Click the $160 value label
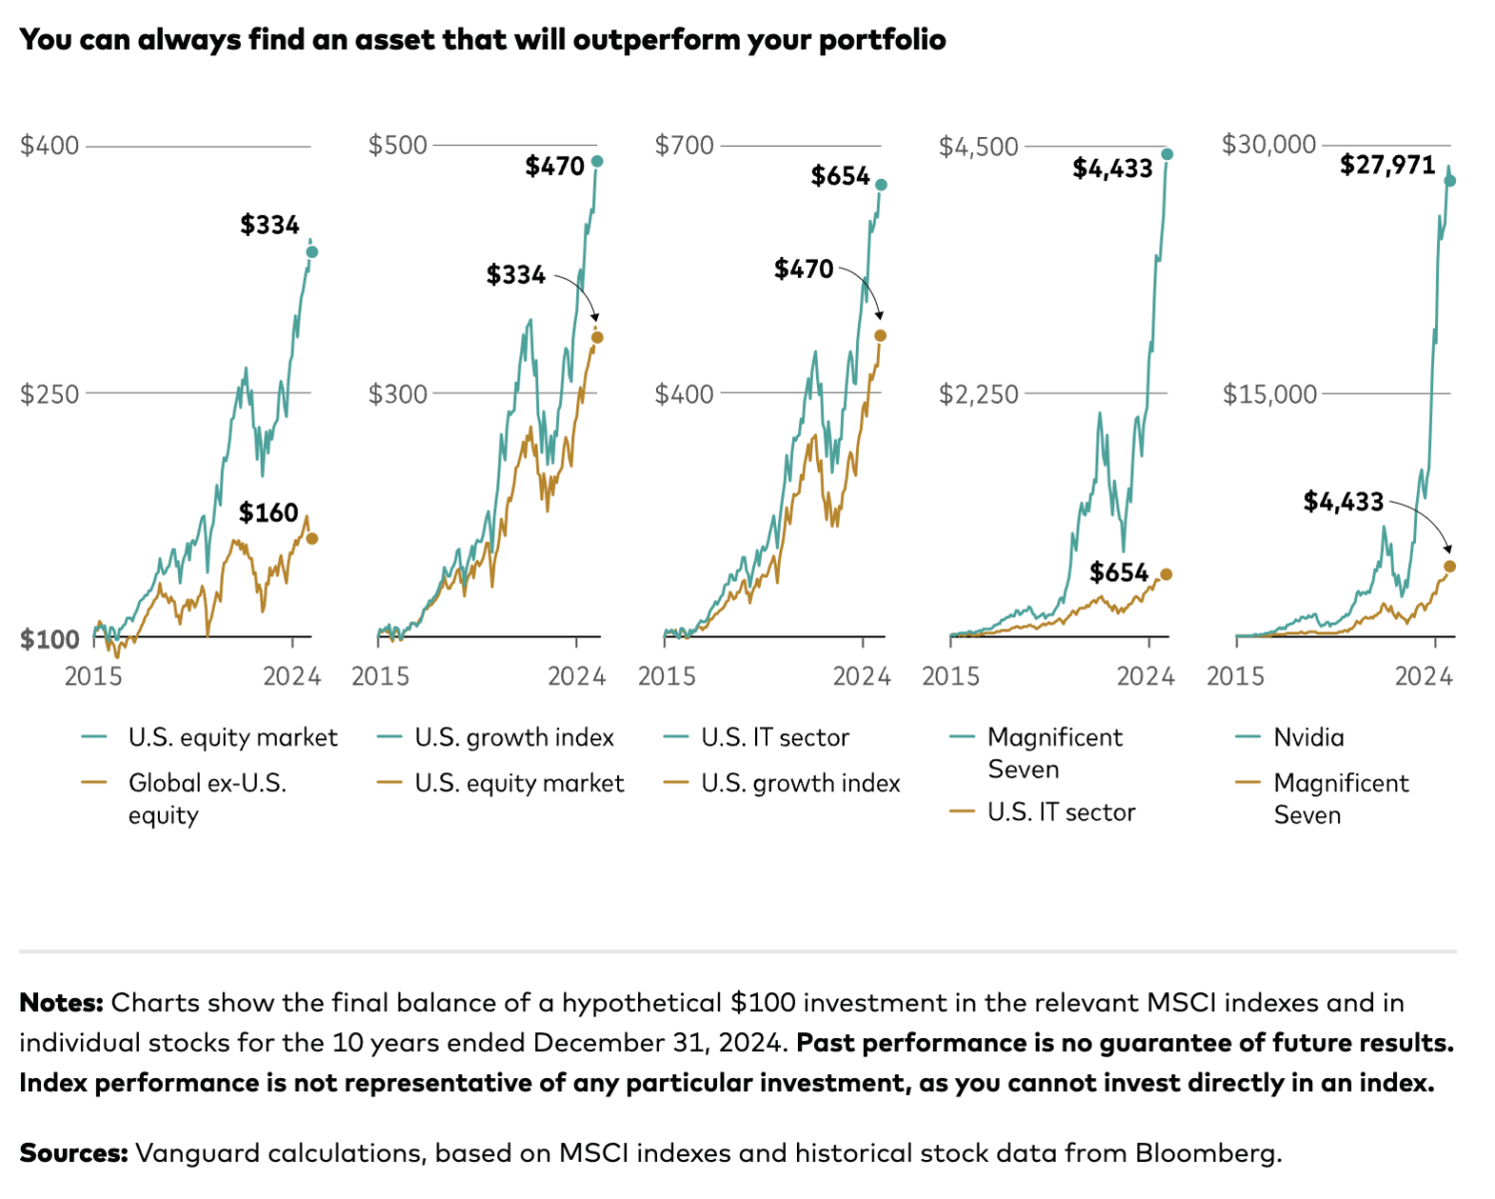(x=269, y=513)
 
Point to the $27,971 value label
(x=1387, y=165)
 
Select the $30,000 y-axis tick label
(x=1268, y=145)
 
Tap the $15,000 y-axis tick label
(x=1269, y=394)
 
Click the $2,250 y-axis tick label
(x=978, y=394)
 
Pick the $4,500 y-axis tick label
(x=978, y=147)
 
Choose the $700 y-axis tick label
(x=684, y=146)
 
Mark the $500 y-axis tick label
(x=397, y=146)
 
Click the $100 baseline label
(x=50, y=638)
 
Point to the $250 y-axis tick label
(x=50, y=394)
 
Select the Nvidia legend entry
(x=1308, y=737)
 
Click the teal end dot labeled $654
(x=881, y=185)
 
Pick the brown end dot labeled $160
(x=312, y=539)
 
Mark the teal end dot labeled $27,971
(x=1450, y=181)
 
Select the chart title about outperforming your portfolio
(x=482, y=40)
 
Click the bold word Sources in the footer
(x=73, y=1153)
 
